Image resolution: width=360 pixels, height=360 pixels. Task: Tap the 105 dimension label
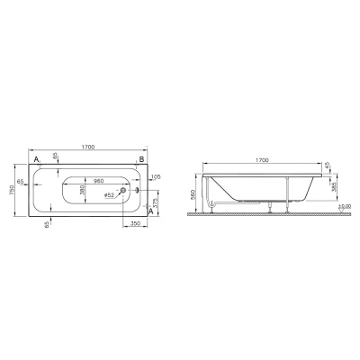pyautogui.click(x=155, y=177)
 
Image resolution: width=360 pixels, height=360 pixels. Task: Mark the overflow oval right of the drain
pyautogui.click(x=137, y=189)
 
